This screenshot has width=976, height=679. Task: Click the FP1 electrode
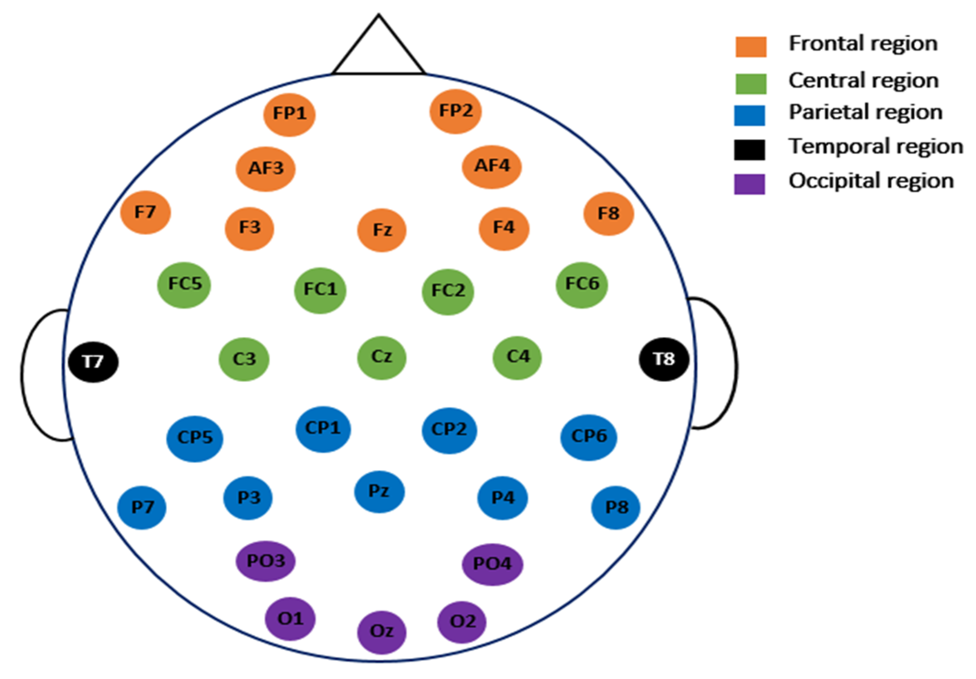(289, 114)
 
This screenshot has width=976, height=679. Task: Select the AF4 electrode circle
(491, 166)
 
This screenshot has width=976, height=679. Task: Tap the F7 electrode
(145, 213)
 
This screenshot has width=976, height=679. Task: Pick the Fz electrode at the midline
(382, 230)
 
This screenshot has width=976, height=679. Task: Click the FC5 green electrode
(184, 285)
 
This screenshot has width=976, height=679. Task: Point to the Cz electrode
(382, 357)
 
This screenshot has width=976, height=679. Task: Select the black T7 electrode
(93, 362)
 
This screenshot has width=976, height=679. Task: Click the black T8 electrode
(664, 359)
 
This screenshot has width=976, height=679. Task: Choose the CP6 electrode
(589, 437)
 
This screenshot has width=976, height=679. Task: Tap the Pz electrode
(379, 492)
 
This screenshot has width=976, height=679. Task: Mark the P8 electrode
(616, 507)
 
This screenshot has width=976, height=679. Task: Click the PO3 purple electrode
(265, 561)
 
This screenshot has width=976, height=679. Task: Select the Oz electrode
(382, 632)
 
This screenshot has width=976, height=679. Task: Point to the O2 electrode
(462, 622)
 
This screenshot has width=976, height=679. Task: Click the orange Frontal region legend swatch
(750, 47)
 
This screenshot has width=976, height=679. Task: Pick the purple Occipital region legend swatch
(749, 184)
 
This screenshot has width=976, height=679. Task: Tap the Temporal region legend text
(875, 147)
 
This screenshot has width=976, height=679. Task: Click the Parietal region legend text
(865, 113)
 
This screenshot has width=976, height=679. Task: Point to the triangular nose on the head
(378, 50)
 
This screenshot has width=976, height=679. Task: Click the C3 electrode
(244, 359)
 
